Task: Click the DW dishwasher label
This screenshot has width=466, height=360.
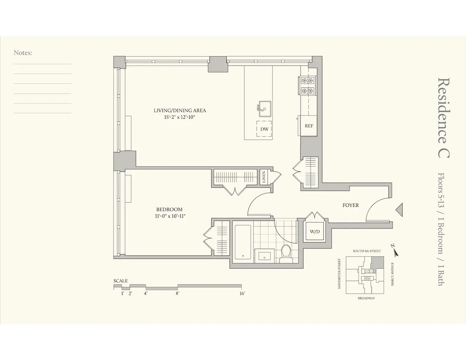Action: [264, 129]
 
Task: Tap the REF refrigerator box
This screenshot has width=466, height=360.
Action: [309, 126]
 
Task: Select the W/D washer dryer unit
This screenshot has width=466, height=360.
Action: [314, 232]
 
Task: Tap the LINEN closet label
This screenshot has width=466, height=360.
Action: [264, 177]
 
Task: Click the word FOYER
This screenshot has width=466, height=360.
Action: [350, 205]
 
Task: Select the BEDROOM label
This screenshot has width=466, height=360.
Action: [169, 209]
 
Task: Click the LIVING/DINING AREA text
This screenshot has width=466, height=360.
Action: [180, 111]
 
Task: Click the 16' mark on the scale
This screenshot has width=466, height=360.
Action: [242, 294]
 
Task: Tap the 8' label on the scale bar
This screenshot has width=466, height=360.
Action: [177, 294]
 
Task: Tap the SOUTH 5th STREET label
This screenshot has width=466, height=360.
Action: [367, 251]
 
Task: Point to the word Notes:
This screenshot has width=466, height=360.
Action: [23, 53]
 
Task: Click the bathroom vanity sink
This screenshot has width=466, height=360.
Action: [265, 256]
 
